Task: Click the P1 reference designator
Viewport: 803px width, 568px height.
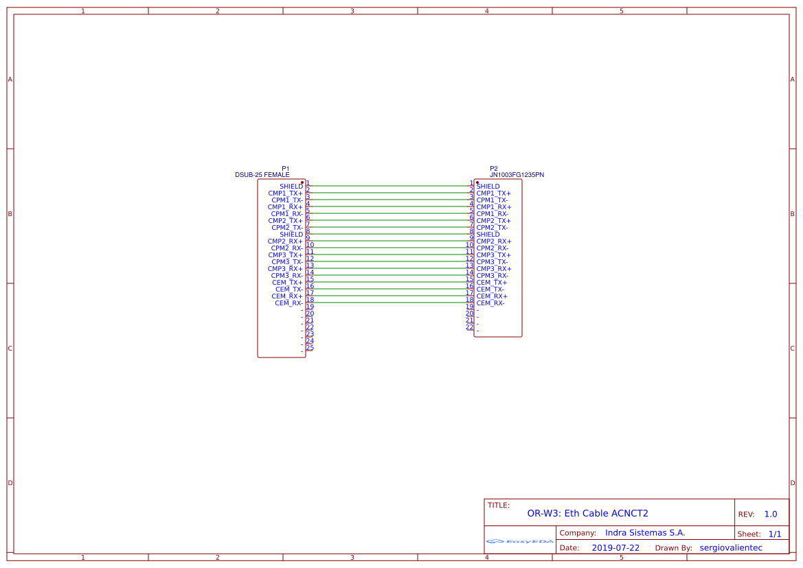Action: (286, 169)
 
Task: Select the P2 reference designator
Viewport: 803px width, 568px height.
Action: (494, 169)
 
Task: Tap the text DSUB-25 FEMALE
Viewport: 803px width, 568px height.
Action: (262, 175)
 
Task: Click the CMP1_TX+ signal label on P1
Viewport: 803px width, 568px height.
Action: (285, 193)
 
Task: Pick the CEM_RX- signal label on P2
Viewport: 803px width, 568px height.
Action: (490, 303)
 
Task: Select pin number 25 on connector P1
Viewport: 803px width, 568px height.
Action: (310, 348)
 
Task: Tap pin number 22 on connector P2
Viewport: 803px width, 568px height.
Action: (470, 327)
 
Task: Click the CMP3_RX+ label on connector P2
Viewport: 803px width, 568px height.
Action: (493, 269)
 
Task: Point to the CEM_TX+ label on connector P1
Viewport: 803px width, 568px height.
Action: (287, 283)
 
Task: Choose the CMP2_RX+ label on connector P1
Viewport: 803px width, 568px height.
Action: (285, 241)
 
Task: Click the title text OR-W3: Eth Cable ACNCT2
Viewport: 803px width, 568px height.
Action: (587, 513)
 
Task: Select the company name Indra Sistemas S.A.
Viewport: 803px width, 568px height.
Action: (645, 533)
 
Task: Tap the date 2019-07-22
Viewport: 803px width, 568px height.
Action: (615, 548)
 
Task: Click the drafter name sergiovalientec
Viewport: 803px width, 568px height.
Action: (731, 548)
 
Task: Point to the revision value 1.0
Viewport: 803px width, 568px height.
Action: (771, 514)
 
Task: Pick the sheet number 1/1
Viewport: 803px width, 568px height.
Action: (775, 534)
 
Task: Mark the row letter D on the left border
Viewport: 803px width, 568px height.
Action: (10, 483)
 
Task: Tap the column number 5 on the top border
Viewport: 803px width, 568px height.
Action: (622, 11)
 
